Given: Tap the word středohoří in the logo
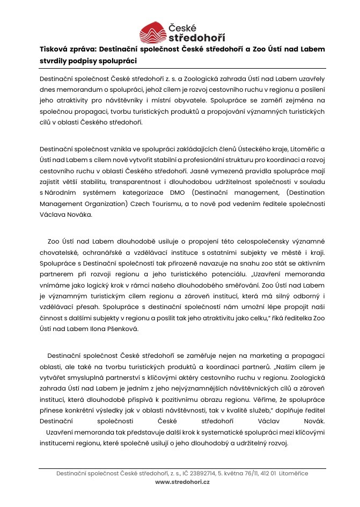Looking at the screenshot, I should tap(197, 38).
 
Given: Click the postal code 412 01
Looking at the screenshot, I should tap(267, 473).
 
